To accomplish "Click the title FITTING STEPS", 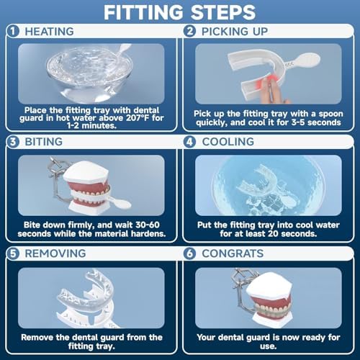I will pyautogui.click(x=180, y=12).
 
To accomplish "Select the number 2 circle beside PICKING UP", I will pyautogui.click(x=190, y=31).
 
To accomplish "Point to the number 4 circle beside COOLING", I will pyautogui.click(x=190, y=143).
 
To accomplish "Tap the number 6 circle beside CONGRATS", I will pyautogui.click(x=190, y=253).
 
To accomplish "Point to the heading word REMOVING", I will pyautogui.click(x=56, y=253).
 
